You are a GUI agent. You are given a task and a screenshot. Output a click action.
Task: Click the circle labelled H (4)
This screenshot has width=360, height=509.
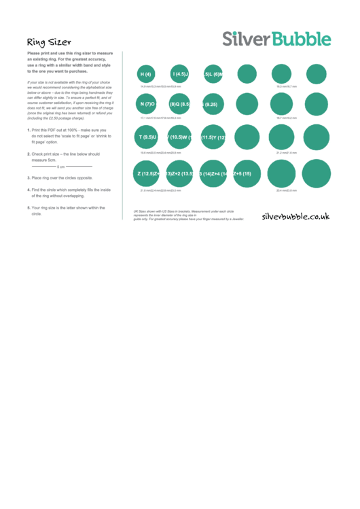[145, 74]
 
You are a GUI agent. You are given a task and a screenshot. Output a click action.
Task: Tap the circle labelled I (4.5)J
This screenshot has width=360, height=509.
[180, 74]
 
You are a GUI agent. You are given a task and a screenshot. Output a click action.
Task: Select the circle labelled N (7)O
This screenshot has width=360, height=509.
[147, 104]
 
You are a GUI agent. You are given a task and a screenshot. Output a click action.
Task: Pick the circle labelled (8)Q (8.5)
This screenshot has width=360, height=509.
[180, 104]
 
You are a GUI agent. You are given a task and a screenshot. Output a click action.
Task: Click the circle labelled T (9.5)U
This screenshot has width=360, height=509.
[147, 137]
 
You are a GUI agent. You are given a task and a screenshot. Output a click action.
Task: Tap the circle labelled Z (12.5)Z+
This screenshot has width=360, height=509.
[147, 174]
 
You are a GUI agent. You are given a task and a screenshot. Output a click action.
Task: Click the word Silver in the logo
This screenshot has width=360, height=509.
[247, 39]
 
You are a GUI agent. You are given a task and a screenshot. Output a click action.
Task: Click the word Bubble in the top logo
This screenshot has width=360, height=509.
[302, 39]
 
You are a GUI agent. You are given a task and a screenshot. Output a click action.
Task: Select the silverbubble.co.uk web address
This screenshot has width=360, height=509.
[295, 216]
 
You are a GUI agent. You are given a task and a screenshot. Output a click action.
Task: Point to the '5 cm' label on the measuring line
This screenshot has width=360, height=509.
[61, 166]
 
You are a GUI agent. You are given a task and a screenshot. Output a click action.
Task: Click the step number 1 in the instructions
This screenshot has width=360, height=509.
[29, 130]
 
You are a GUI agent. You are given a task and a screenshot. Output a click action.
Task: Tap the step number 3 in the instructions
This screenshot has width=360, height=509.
[29, 177]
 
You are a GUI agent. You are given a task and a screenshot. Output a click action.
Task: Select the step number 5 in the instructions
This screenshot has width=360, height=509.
[29, 207]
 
